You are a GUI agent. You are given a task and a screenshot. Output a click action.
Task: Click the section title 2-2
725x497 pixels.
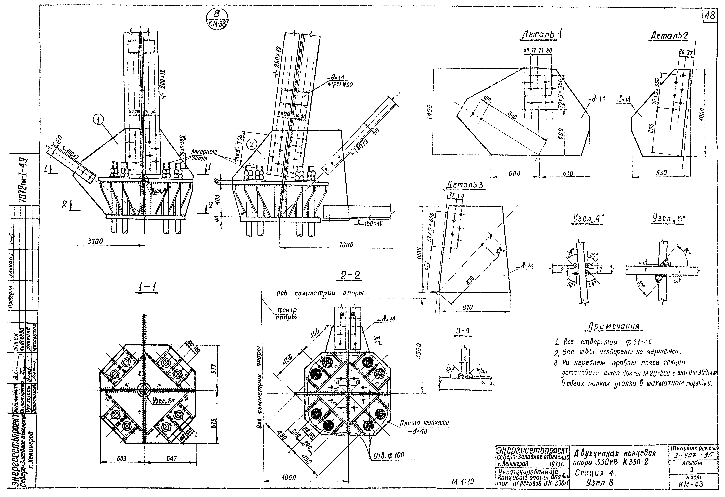[351, 275]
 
